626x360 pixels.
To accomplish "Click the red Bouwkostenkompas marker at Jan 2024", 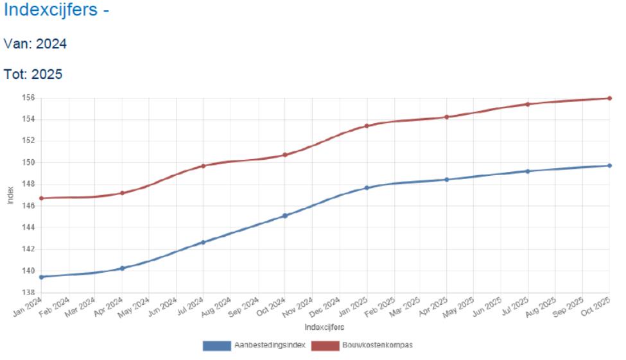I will coord(42,198).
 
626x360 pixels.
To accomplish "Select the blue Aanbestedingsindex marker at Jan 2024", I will coord(42,277).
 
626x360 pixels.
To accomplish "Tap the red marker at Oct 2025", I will coord(609,98).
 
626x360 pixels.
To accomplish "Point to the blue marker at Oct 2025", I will coord(609,166).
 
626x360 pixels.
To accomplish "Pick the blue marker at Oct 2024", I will coord(285,216).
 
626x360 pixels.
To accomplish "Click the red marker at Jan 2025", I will coord(367,126).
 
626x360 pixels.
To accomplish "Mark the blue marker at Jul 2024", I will coord(204,242).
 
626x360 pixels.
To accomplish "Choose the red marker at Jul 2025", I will coord(528,104).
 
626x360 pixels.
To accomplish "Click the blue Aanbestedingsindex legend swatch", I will coord(216,346).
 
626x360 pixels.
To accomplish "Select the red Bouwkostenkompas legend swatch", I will coord(325,346).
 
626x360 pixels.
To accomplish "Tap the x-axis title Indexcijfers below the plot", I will coord(324,327).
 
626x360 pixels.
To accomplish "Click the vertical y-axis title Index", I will coord(10,196).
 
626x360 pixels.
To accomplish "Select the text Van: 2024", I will coord(35,44).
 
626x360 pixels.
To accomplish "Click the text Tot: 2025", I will coord(33,74).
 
